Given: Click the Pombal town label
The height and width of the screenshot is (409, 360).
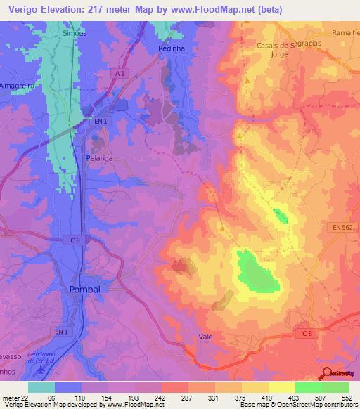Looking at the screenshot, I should [x=86, y=290].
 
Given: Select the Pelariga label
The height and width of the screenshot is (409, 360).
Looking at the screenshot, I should [x=99, y=159].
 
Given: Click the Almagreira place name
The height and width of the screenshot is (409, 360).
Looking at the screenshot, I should [x=18, y=85].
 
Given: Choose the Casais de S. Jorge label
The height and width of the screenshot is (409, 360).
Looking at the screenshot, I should [x=269, y=50].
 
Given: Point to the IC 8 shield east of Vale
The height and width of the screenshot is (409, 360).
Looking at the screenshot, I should [x=303, y=332].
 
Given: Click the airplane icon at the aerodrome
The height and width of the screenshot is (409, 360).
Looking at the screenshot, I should [x=39, y=369].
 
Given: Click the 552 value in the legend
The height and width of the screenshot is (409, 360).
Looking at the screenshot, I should [x=347, y=398].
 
